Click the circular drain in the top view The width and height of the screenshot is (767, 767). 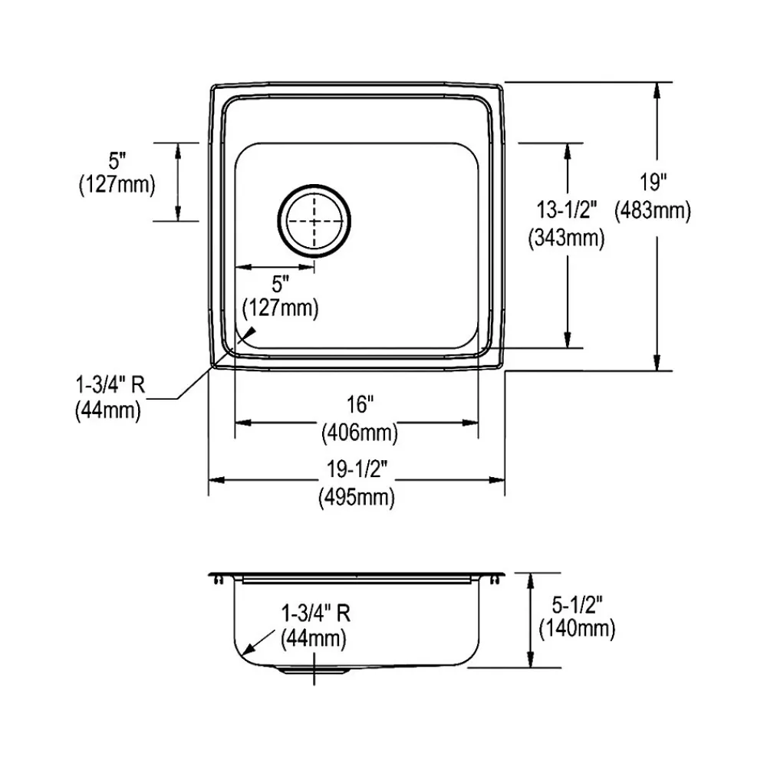[314, 221]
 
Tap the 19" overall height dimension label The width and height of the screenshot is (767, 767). [653, 183]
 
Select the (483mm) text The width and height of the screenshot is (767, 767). [653, 211]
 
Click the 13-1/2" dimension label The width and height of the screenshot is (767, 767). [567, 210]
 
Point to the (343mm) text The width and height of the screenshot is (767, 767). [567, 239]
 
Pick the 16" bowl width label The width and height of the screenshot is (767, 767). [360, 404]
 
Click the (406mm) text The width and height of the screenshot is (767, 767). [360, 433]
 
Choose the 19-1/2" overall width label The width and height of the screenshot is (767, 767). [357, 469]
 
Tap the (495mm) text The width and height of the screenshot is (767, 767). [357, 498]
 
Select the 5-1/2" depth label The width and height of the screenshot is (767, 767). [577, 606]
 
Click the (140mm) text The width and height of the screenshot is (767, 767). [577, 629]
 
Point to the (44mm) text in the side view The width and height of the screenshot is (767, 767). [314, 639]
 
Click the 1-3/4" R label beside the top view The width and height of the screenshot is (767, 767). [110, 385]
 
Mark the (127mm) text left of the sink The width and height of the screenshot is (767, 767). [117, 185]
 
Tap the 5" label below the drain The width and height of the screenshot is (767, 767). [280, 284]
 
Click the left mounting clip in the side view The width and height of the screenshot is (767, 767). [218, 580]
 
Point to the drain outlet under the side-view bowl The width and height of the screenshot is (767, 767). [314, 670]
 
